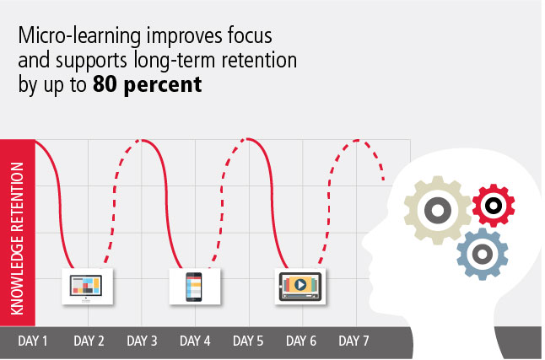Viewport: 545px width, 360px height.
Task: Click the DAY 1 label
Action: (x=35, y=341)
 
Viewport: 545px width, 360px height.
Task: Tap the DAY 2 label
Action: (x=89, y=341)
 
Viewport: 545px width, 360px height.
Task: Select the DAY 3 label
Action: (x=143, y=341)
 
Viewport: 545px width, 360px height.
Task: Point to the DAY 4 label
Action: (x=196, y=341)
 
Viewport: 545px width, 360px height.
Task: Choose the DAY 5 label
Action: (x=249, y=341)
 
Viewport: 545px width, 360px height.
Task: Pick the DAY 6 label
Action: (x=302, y=341)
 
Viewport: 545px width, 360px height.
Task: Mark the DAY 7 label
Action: (x=354, y=341)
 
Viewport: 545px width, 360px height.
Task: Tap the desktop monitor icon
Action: (x=86, y=287)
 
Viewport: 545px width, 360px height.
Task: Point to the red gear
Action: (x=494, y=204)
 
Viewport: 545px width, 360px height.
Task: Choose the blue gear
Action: (x=483, y=251)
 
